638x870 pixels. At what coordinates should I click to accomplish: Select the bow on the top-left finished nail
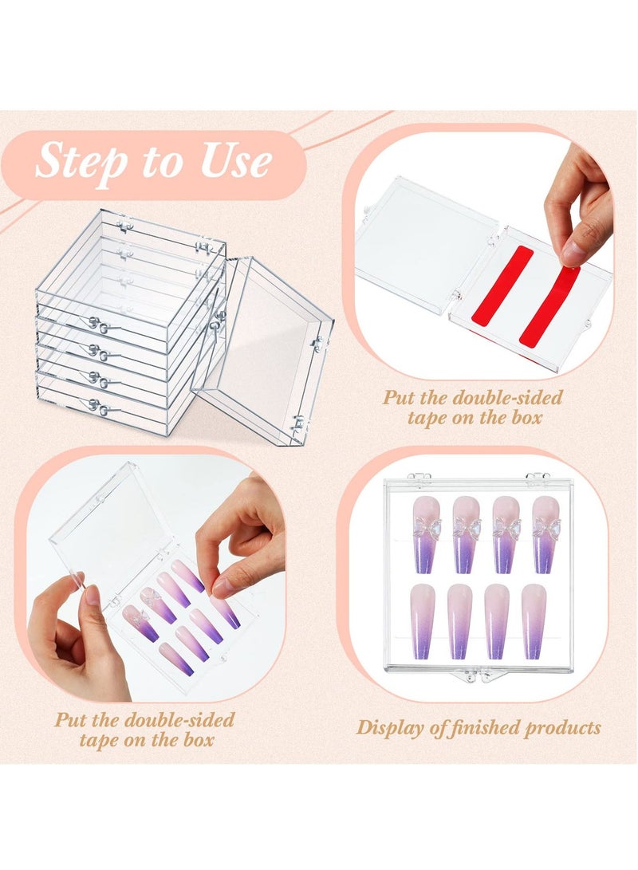[x=424, y=527]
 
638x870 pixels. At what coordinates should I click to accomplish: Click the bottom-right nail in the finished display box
[x=533, y=620]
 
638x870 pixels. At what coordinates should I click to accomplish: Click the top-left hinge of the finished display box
[x=419, y=478]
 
